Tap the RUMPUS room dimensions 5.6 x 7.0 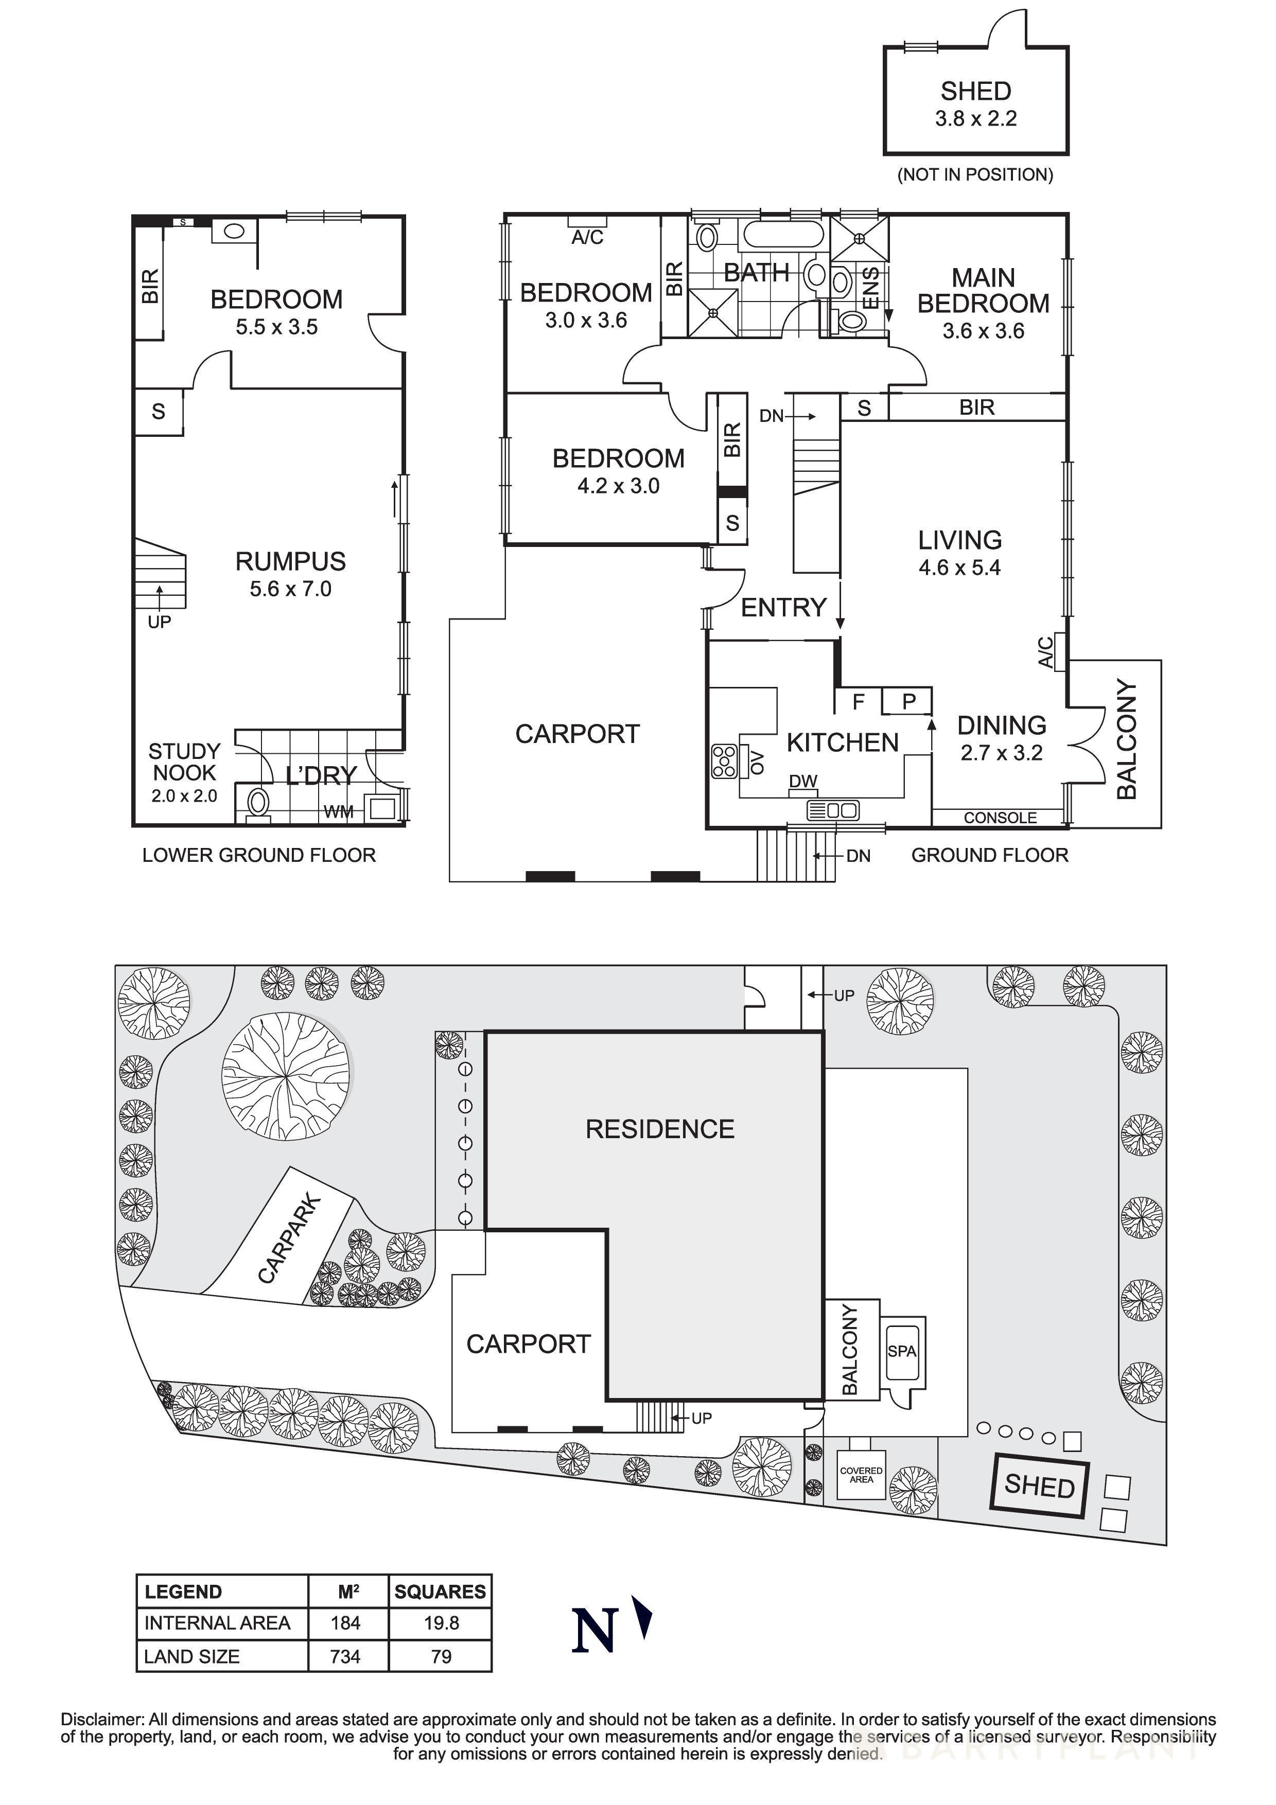coord(290,589)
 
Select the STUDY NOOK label coord(184,762)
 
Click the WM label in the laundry coord(339,812)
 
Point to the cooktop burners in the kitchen coord(723,761)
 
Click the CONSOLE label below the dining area coord(1000,818)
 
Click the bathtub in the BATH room coord(783,235)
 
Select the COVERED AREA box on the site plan coord(861,1475)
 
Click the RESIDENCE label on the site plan coord(660,1129)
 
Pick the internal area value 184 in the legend coord(345,1623)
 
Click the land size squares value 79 coord(441,1656)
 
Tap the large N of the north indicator coord(595,1631)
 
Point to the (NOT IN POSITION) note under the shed coord(975,174)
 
